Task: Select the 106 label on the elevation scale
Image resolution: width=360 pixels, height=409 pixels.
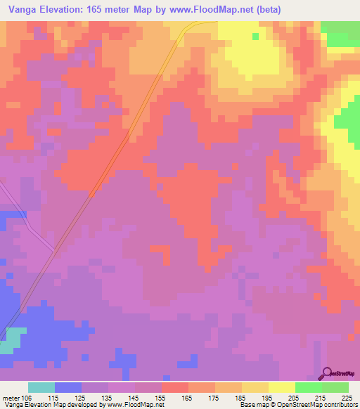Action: coord(27,397)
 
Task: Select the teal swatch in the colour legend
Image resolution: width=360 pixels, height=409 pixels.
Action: coord(41,387)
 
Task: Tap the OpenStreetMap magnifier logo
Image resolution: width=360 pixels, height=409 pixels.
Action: coord(326,374)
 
